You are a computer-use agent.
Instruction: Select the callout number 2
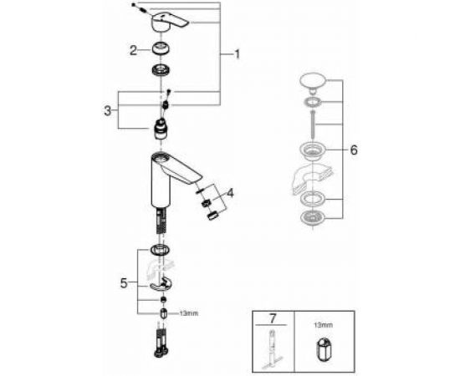(133, 50)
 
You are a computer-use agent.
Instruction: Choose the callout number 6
(354, 150)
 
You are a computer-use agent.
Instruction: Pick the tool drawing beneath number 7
(272, 350)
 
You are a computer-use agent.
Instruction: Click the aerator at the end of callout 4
(212, 215)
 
